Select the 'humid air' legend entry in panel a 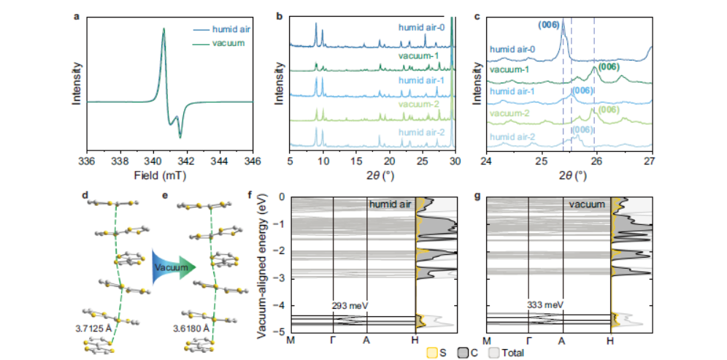230,30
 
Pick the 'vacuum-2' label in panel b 419,104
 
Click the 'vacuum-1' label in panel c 509,69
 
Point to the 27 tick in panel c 651,161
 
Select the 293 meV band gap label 348,305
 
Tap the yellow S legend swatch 432,353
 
